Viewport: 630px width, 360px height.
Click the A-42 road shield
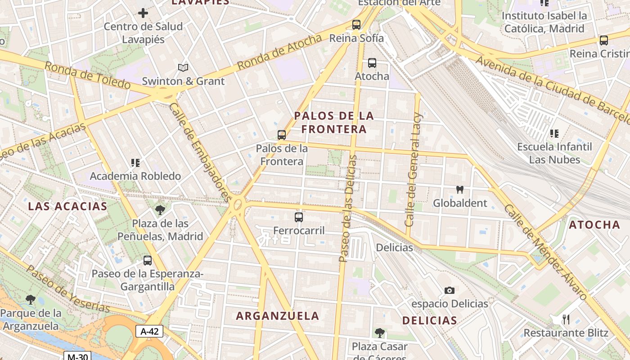(149, 332)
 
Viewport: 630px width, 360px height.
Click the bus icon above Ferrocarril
(299, 217)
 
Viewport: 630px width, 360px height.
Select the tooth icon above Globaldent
(460, 190)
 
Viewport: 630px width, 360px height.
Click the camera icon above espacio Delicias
(450, 291)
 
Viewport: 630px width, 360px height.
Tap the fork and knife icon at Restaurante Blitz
(566, 319)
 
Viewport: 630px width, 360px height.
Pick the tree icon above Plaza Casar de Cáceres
(380, 333)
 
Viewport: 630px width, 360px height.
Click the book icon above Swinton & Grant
(183, 68)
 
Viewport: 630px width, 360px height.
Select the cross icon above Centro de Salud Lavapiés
(143, 13)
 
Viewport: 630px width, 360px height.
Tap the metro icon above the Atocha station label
(372, 63)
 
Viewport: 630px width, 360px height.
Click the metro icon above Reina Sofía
(356, 25)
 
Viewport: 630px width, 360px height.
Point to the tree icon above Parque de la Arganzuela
(31, 299)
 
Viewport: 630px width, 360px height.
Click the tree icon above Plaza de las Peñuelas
(160, 210)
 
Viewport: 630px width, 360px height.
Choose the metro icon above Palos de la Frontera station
(282, 135)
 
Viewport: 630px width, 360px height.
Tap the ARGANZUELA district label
(278, 316)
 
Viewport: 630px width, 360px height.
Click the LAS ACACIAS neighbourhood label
(67, 207)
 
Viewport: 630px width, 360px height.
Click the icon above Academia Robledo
(135, 162)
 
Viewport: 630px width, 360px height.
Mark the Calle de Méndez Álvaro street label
(545, 252)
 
